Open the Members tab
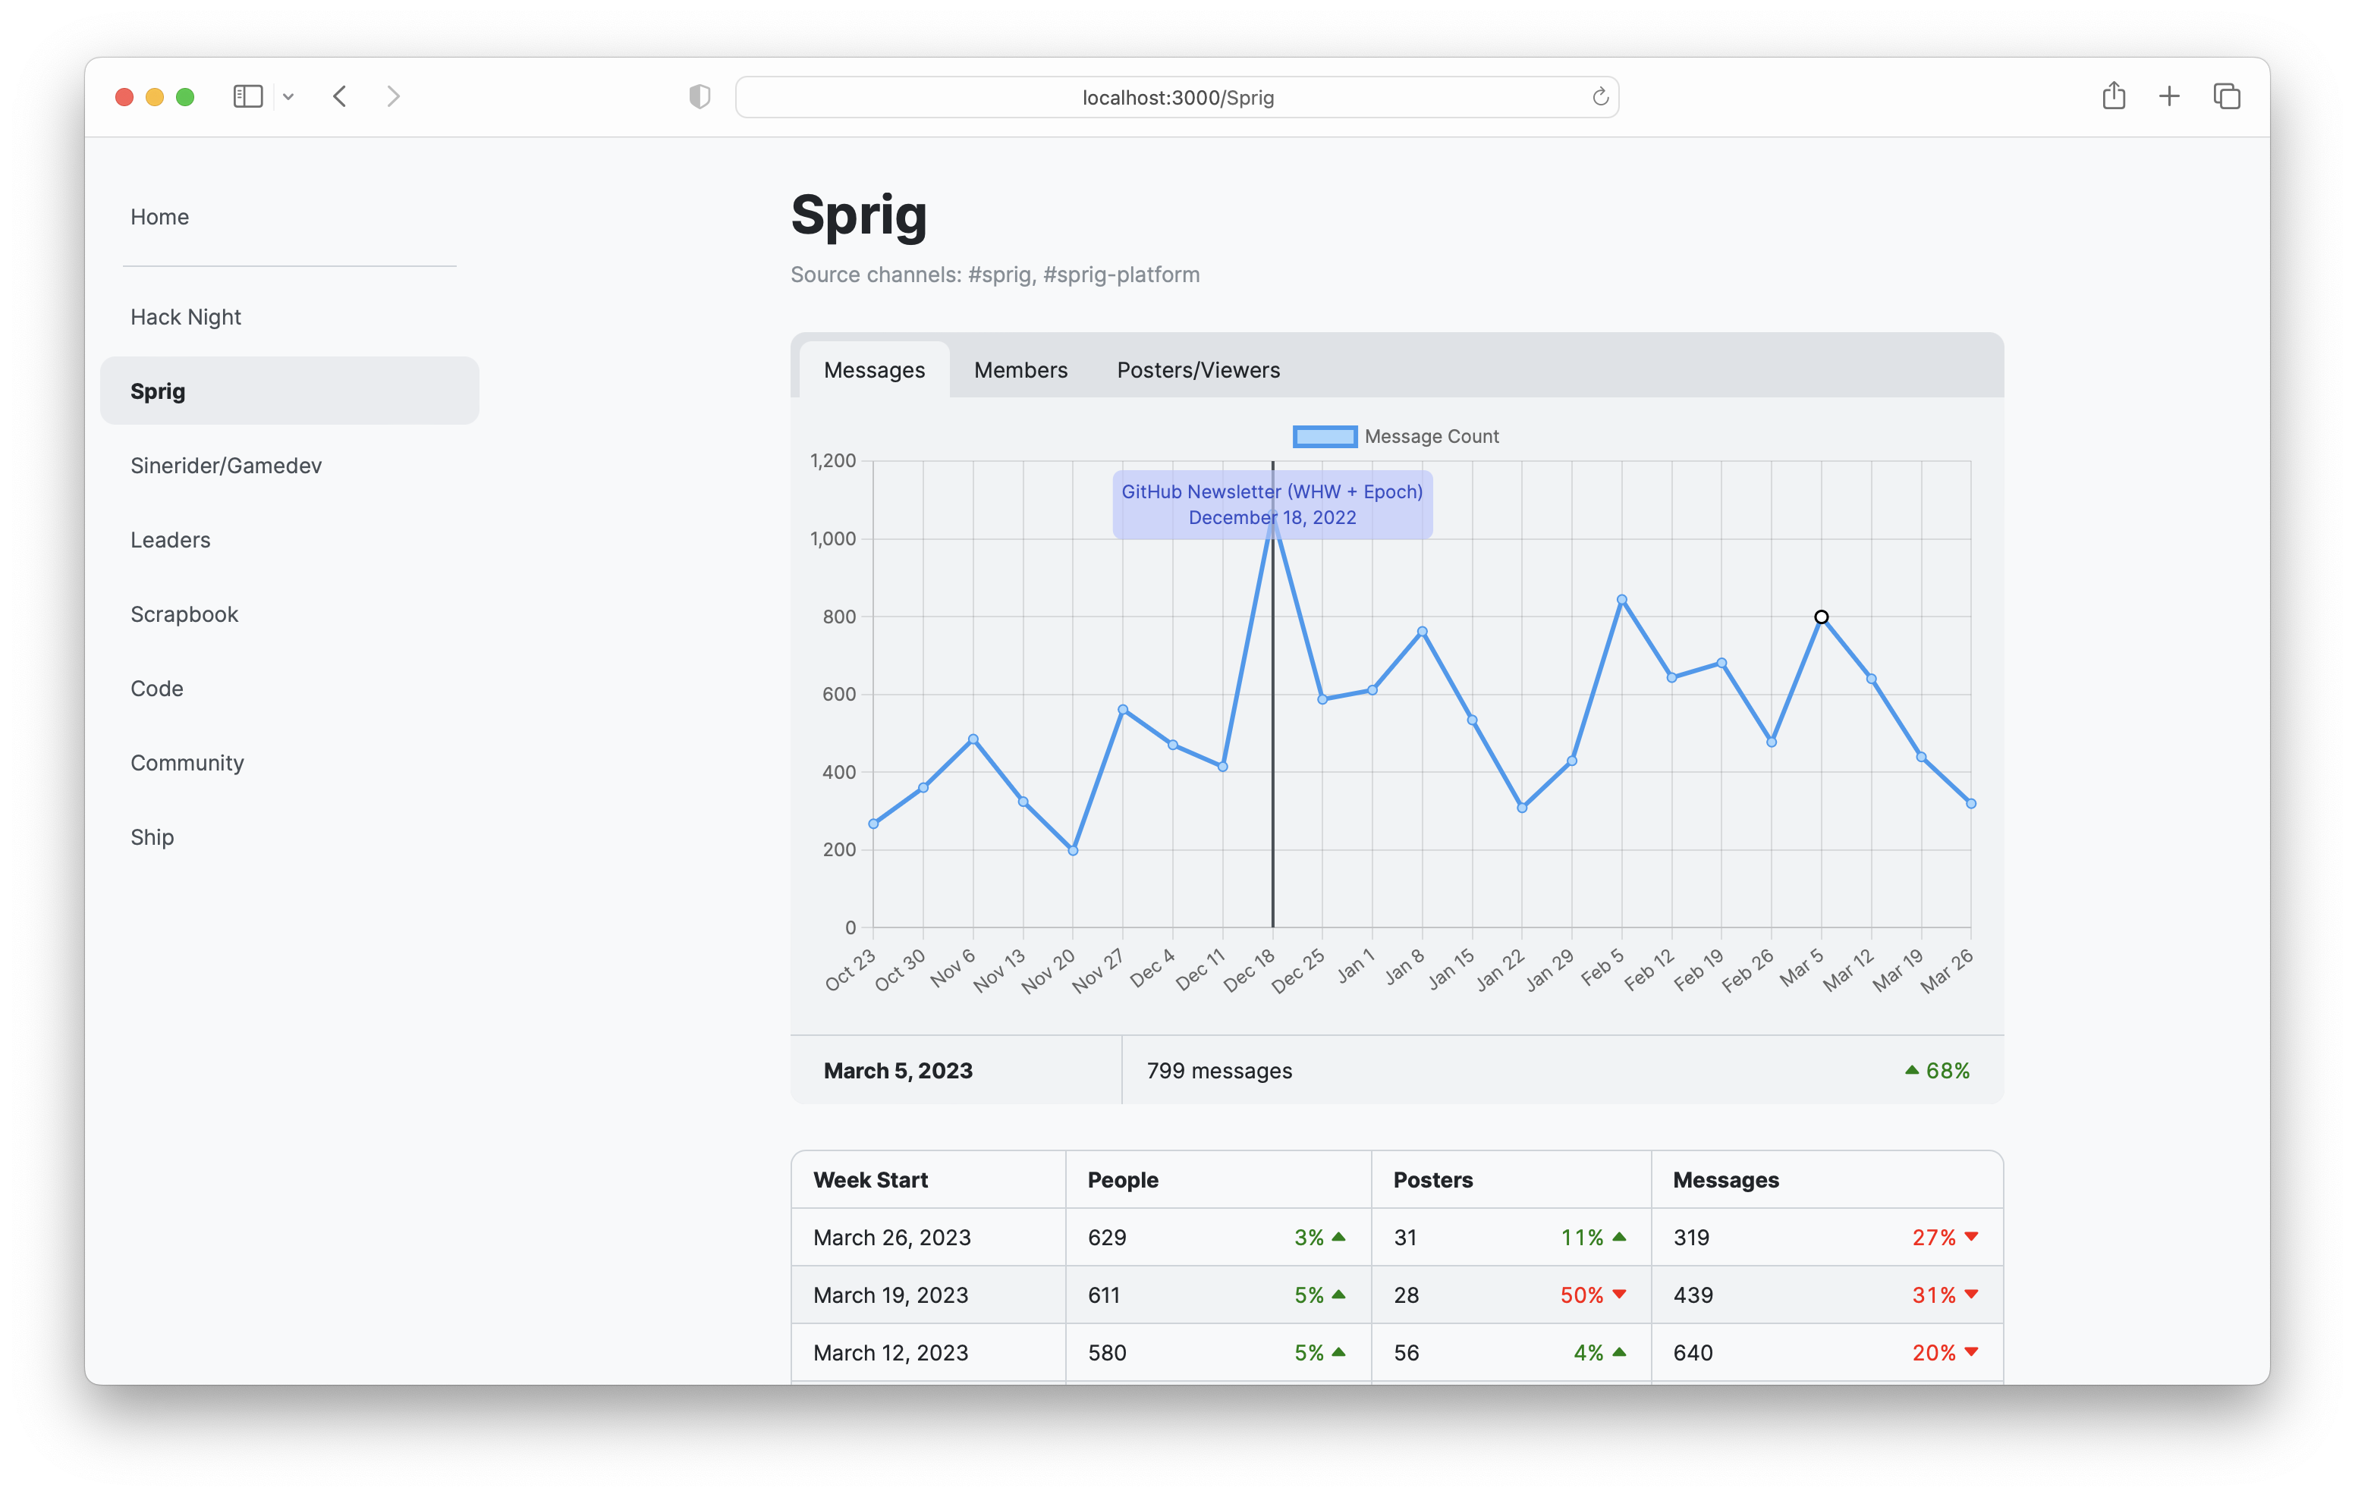pyautogui.click(x=1020, y=369)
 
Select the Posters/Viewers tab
pyautogui.click(x=1198, y=369)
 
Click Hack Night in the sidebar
pyautogui.click(x=186, y=317)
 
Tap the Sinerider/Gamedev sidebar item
pyautogui.click(x=226, y=466)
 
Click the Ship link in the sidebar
pyautogui.click(x=152, y=837)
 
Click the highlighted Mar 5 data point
pyautogui.click(x=1821, y=617)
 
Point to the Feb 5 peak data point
pyautogui.click(x=1621, y=599)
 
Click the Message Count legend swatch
pyautogui.click(x=1324, y=436)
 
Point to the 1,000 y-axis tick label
pyautogui.click(x=832, y=538)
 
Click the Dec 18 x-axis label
pyautogui.click(x=1250, y=970)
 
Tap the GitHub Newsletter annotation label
pyautogui.click(x=1272, y=504)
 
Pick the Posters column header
pyautogui.click(x=1432, y=1180)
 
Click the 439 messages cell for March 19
pyautogui.click(x=1693, y=1295)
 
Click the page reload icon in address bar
pyautogui.click(x=1600, y=97)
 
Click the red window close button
pyautogui.click(x=124, y=97)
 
